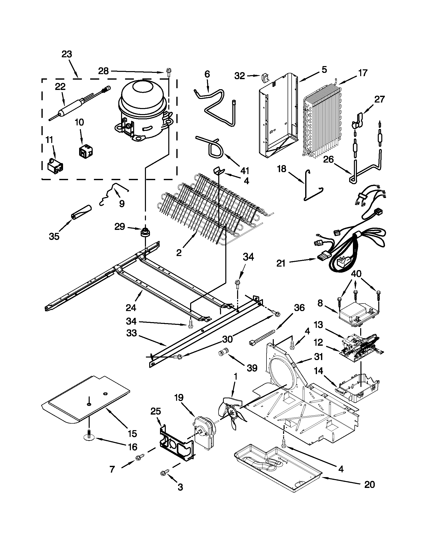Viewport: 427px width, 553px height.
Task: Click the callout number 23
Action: tap(67, 54)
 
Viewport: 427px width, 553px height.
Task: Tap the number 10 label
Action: tap(79, 122)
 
